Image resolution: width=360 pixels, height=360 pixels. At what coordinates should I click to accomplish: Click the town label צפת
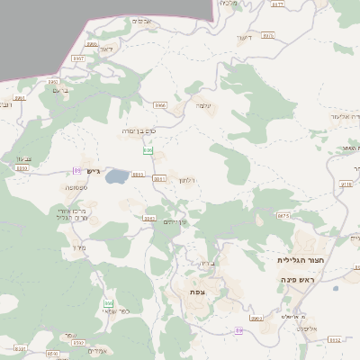(197, 292)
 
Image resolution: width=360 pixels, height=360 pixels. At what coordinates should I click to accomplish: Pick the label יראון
(104, 49)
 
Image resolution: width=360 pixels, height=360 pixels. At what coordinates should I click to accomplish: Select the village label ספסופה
(76, 187)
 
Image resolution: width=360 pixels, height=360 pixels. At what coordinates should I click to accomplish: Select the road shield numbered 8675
(283, 216)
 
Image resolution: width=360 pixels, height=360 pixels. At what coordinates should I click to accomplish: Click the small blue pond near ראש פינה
(335, 290)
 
